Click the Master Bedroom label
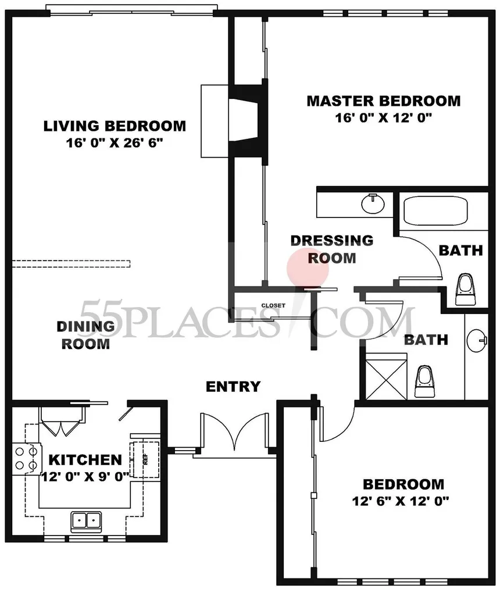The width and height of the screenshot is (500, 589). click(384, 101)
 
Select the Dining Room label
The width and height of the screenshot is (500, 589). click(85, 335)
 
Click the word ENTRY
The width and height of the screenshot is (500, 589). click(233, 387)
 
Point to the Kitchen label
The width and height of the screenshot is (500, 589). click(85, 460)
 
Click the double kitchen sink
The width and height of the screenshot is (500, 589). click(86, 521)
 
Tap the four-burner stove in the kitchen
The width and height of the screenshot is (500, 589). click(26, 459)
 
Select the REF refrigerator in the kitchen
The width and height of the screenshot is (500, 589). click(145, 459)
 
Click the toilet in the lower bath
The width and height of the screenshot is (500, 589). click(425, 381)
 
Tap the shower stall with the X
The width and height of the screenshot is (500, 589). click(386, 376)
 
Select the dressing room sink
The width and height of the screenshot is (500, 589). click(373, 204)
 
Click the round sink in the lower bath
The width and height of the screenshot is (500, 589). click(476, 340)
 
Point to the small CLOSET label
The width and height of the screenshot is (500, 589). click(273, 305)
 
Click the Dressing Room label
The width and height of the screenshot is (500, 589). click(332, 249)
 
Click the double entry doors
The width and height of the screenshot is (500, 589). click(235, 431)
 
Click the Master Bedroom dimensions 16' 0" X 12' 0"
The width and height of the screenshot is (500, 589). click(384, 117)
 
